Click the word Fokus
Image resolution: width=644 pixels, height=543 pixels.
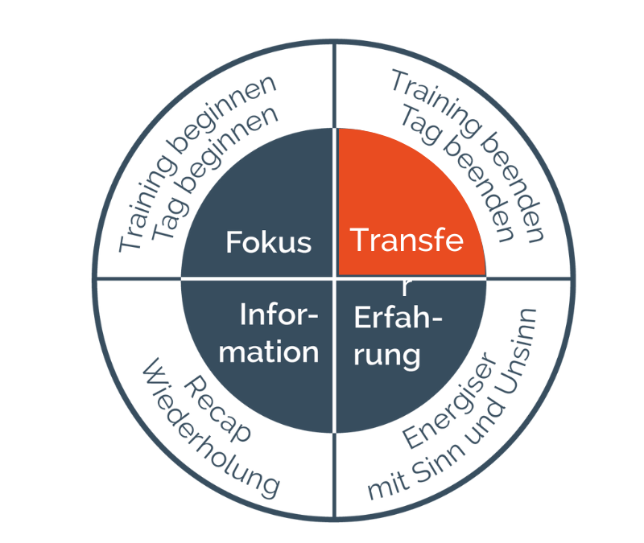coord(269,242)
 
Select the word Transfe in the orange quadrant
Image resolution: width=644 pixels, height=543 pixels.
coord(407,240)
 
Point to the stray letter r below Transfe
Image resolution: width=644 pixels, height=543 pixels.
coord(406,287)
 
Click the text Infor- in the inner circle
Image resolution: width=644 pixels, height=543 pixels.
coord(279,315)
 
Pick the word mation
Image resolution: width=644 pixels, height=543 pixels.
coord(269,352)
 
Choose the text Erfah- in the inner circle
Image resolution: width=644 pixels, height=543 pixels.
coord(398,317)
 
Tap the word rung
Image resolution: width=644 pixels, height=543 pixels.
coord(387,356)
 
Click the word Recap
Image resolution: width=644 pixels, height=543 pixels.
coord(217,409)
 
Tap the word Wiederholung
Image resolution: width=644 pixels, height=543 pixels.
coord(210,429)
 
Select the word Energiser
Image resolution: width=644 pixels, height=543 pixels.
coord(449,400)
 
